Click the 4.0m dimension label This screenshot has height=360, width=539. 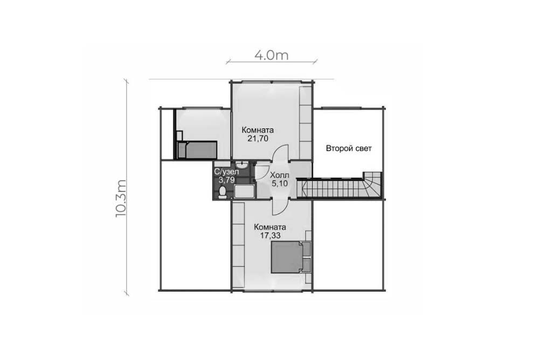click(271, 55)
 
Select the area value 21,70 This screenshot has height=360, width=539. click(258, 139)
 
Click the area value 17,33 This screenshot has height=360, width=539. click(270, 236)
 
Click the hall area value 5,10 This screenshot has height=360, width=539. click(279, 184)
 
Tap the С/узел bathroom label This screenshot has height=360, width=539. click(226, 171)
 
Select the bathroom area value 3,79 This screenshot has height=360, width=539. click(226, 180)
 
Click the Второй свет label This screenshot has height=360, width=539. click(349, 149)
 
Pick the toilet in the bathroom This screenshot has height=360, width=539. click(223, 192)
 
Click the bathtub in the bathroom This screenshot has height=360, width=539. click(244, 191)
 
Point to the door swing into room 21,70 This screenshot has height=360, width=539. click(280, 153)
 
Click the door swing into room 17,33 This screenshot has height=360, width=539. click(280, 207)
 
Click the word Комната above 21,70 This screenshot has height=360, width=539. click(258, 130)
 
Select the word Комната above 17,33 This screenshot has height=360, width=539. click(270, 227)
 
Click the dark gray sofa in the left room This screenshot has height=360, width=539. click(197, 149)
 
